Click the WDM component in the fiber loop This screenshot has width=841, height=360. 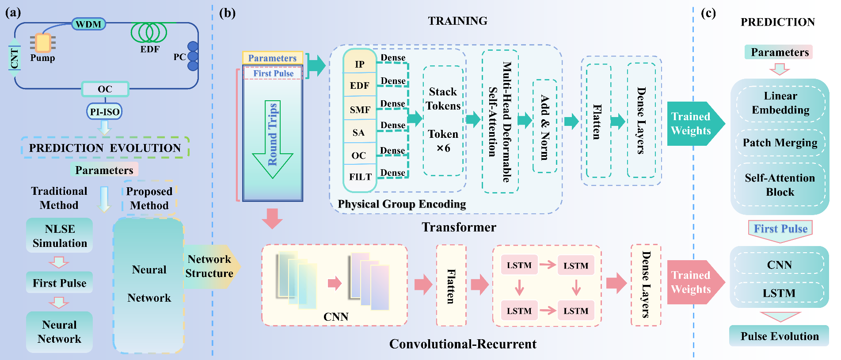[x=88, y=24]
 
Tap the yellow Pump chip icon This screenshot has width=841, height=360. [x=43, y=43]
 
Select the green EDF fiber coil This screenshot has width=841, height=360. [x=149, y=33]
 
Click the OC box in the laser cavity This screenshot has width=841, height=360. [x=105, y=89]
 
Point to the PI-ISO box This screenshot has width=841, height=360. [x=104, y=111]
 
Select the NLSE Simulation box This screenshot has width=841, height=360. [x=60, y=235]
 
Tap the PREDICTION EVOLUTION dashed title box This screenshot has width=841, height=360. [x=105, y=148]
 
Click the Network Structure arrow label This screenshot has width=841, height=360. [x=209, y=266]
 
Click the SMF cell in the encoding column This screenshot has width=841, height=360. [x=360, y=110]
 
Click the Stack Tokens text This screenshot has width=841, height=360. [x=443, y=99]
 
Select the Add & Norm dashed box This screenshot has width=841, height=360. [x=544, y=127]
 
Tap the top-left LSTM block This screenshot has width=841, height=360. [x=519, y=265]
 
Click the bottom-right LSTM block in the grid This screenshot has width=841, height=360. [x=576, y=311]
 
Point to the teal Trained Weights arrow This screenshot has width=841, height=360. [x=693, y=123]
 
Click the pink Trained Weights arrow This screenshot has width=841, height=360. [x=693, y=282]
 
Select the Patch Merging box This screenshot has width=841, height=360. [x=780, y=143]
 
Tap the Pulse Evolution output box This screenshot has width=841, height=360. [x=779, y=336]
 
